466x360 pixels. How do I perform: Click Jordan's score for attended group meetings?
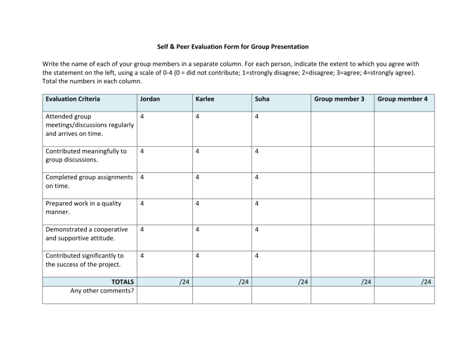[142, 116]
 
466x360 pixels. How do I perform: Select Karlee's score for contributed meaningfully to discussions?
[198, 151]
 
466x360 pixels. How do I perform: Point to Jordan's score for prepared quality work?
[142, 203]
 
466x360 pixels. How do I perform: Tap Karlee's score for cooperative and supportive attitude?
[198, 229]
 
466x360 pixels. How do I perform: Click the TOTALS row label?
[123, 282]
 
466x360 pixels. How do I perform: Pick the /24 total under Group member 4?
[427, 282]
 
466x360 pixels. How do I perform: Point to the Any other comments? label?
[102, 291]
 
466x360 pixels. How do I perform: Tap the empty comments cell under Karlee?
[221, 294]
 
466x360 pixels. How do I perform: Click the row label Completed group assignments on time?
[89, 182]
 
